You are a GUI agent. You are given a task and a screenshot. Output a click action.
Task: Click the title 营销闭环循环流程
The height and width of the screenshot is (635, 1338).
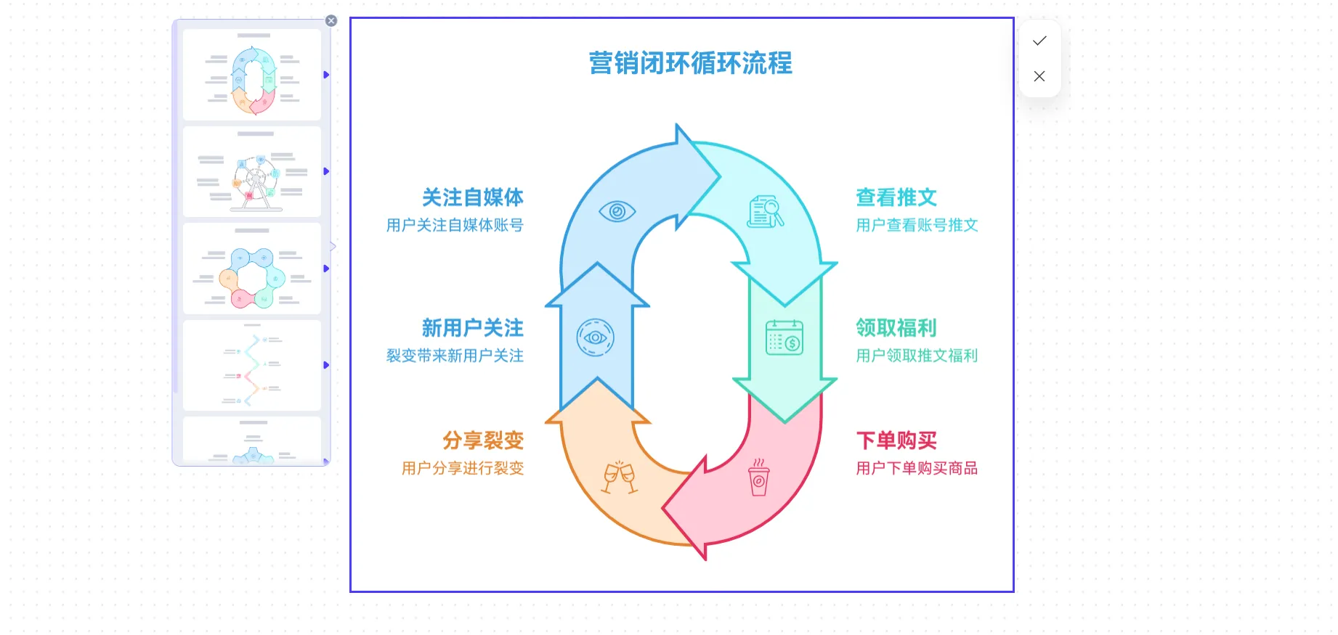[690, 63]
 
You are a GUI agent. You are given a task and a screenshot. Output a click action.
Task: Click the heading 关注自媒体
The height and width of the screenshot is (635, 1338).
[472, 197]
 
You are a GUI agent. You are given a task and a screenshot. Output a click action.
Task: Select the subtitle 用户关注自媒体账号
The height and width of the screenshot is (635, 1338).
[455, 225]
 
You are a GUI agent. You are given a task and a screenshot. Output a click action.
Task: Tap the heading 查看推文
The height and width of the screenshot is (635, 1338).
[896, 197]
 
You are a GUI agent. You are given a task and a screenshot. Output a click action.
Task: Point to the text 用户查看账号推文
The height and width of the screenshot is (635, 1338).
[917, 225]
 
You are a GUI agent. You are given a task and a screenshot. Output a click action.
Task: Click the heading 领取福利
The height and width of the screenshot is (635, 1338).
[896, 328]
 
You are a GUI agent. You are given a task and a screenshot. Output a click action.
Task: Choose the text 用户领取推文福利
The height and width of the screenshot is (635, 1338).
[917, 356]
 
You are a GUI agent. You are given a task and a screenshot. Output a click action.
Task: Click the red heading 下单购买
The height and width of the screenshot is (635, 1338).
[896, 441]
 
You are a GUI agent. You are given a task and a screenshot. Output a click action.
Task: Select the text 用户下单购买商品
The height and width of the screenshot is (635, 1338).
[917, 468]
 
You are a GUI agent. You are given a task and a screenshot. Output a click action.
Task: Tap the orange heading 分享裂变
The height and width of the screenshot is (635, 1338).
[483, 441]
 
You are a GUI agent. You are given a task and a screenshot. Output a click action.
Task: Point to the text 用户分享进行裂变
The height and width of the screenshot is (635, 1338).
[463, 468]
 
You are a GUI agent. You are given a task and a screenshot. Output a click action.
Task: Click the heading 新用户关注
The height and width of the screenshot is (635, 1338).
[472, 328]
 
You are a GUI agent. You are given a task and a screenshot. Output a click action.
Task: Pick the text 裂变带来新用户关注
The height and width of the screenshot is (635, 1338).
[455, 356]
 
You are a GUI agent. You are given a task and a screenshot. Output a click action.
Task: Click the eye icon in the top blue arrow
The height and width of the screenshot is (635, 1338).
[617, 211]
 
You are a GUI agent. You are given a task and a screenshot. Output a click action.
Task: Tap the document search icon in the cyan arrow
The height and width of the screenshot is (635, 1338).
[766, 212]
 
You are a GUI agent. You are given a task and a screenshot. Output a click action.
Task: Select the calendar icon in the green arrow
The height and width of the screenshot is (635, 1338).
[784, 337]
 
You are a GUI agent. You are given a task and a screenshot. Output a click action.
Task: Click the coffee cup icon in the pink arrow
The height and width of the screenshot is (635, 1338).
[759, 478]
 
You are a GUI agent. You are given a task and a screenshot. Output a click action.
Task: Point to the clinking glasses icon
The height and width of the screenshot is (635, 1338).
[620, 478]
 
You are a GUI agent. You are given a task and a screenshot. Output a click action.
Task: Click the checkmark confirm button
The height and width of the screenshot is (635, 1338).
[1039, 41]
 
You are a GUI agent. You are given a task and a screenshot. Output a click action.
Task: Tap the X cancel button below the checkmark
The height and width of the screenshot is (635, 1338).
[1039, 76]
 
